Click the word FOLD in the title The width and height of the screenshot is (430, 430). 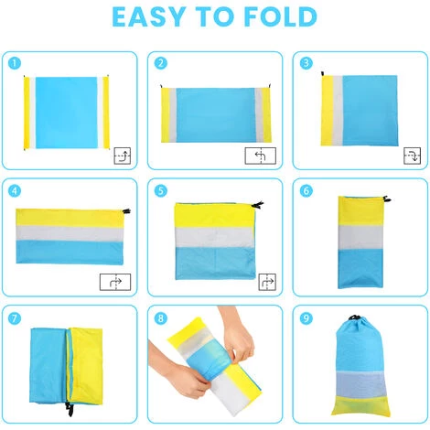point(281,16)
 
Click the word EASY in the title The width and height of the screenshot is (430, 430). point(149,16)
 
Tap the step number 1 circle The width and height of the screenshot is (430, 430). point(15,63)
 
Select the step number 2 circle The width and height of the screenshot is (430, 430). point(161,63)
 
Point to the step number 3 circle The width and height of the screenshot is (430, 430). point(306,63)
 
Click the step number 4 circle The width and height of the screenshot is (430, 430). point(15,191)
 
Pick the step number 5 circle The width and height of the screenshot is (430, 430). point(161,191)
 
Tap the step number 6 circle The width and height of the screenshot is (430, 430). point(306,191)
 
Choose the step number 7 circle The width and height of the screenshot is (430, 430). point(15,318)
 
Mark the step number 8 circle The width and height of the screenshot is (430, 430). point(161,318)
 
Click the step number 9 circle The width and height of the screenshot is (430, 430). point(306,318)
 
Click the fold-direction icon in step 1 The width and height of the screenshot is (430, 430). point(123,156)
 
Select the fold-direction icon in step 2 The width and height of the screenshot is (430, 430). point(261,156)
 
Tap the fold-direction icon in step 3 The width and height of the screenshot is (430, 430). point(413,156)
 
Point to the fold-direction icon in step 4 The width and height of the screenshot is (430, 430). point(115,282)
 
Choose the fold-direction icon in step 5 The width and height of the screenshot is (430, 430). point(267,282)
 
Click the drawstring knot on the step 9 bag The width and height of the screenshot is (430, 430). point(354,317)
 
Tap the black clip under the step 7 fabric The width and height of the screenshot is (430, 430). point(70,410)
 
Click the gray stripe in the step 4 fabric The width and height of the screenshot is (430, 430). point(70,233)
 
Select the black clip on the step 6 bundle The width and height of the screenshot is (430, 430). point(386,199)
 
